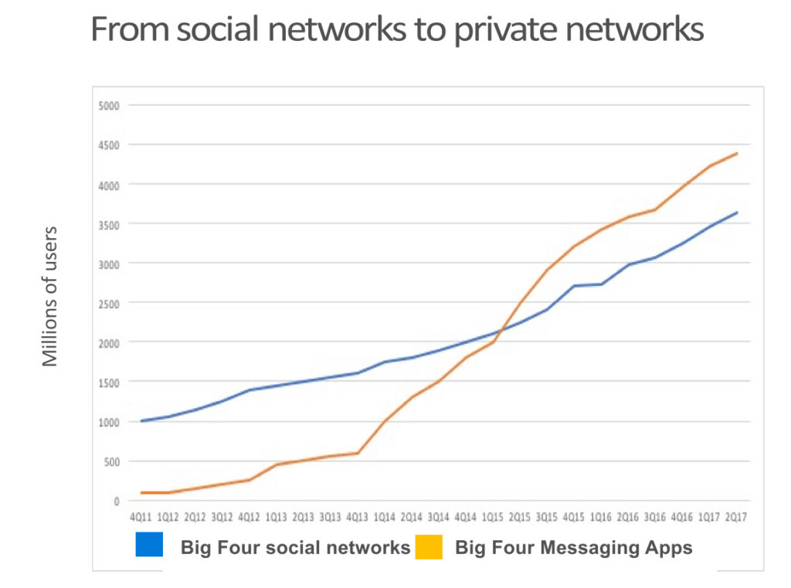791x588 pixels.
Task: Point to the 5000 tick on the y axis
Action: pyautogui.click(x=109, y=105)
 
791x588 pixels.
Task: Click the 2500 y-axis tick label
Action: pyautogui.click(x=109, y=303)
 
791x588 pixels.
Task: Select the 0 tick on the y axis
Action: pyautogui.click(x=117, y=501)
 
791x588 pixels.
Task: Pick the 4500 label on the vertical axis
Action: pyautogui.click(x=109, y=144)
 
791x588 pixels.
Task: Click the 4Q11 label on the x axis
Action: pyautogui.click(x=141, y=516)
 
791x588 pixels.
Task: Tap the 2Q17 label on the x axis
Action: pyautogui.click(x=737, y=516)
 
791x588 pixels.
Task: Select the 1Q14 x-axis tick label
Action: pyautogui.click(x=384, y=516)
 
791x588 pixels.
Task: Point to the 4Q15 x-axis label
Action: pyautogui.click(x=574, y=516)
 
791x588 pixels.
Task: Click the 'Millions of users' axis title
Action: pyautogui.click(x=51, y=295)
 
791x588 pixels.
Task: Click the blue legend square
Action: pyautogui.click(x=149, y=546)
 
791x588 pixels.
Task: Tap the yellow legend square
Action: pyautogui.click(x=429, y=547)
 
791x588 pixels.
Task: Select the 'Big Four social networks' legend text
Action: pyautogui.click(x=295, y=548)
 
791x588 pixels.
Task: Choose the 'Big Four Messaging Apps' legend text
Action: pyautogui.click(x=574, y=548)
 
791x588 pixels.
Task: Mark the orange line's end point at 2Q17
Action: pyautogui.click(x=738, y=153)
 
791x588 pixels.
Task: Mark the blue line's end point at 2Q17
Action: pyautogui.click(x=738, y=212)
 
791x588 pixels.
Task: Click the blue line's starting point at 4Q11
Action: pyautogui.click(x=141, y=421)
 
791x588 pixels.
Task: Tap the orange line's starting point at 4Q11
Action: pyautogui.click(x=141, y=492)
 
